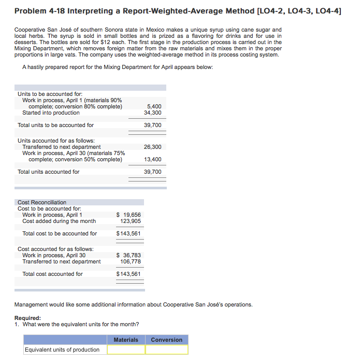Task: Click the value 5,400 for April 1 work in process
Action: (154, 106)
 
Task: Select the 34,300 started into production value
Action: (153, 113)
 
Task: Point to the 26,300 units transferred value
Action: (153, 147)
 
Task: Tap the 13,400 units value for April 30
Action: (153, 159)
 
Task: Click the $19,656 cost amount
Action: (129, 215)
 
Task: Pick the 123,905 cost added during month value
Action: (131, 221)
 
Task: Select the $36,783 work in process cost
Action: (129, 255)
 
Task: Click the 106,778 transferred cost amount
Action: (131, 261)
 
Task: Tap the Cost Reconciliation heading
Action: (42, 202)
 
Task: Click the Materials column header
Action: (126, 340)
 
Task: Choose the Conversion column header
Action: (166, 340)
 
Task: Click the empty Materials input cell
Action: (126, 350)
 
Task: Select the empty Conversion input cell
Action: (166, 350)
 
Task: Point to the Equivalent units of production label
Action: (62, 350)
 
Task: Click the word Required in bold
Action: (27, 318)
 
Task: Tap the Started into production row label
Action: (51, 113)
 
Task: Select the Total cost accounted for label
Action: (52, 274)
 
